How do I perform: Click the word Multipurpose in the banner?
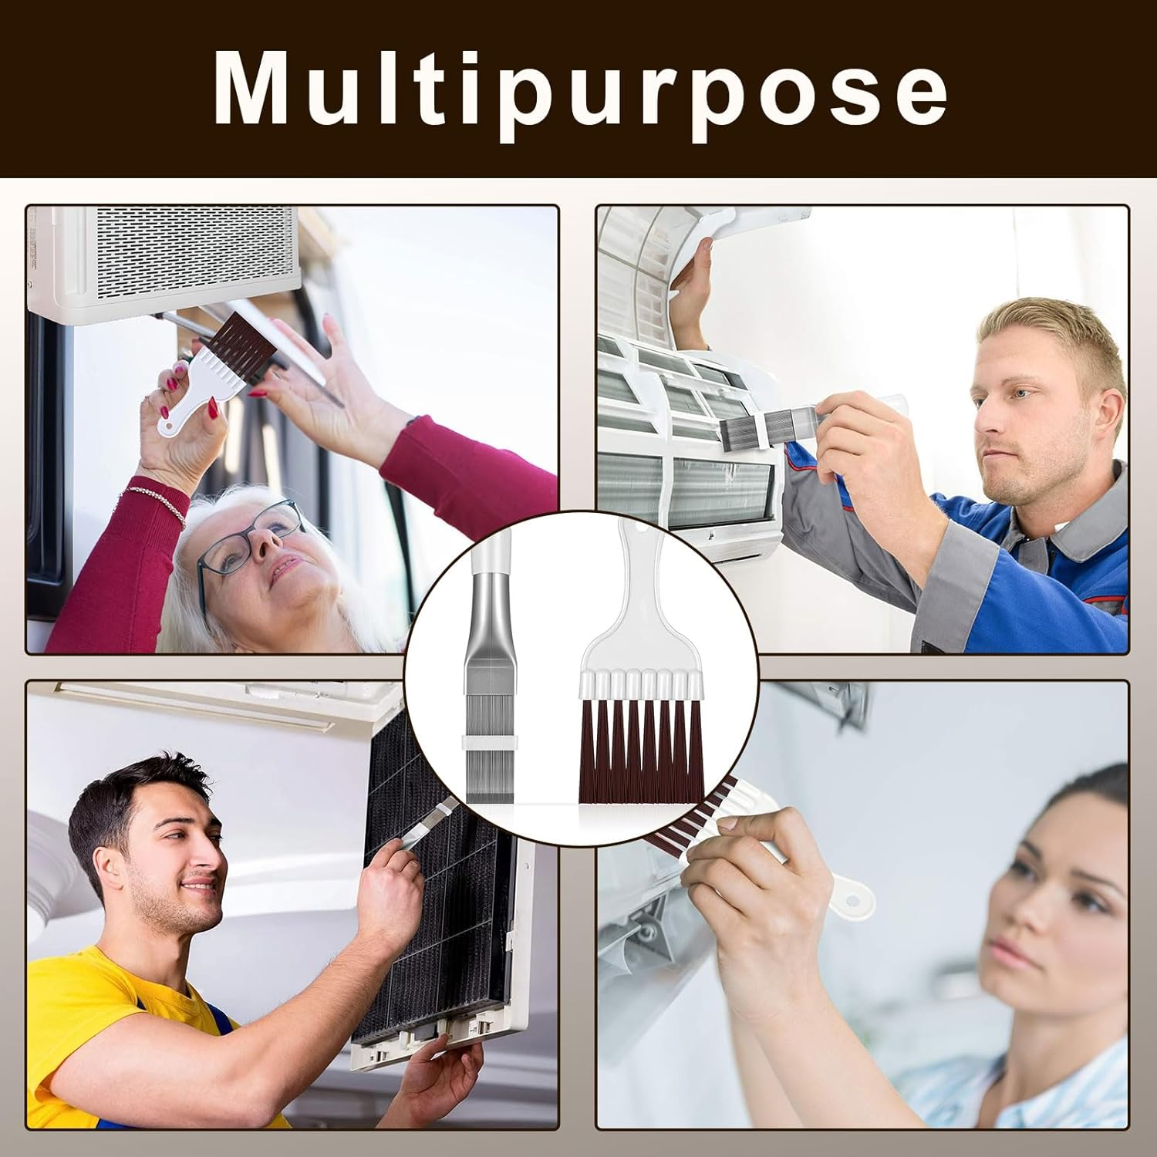click(580, 89)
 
